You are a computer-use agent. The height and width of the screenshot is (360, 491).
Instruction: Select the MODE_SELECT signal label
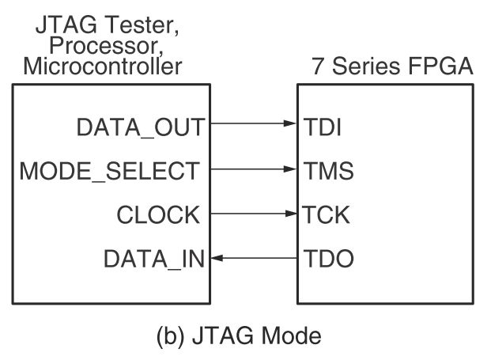110,169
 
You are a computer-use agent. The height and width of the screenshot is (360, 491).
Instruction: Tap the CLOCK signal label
158,214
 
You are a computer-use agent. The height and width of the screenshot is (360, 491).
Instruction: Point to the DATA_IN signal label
154,258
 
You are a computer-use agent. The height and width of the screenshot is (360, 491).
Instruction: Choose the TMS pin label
327,169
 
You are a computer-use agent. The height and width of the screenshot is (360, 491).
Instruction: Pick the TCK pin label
326,214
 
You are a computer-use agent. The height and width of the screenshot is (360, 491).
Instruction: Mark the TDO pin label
327,258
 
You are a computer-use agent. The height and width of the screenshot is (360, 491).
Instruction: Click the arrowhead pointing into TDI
290,124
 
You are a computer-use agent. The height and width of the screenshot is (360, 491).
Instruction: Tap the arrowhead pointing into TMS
290,169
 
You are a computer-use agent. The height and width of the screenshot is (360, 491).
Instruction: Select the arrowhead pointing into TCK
290,213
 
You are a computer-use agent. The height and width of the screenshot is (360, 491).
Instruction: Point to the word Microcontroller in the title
103,66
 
